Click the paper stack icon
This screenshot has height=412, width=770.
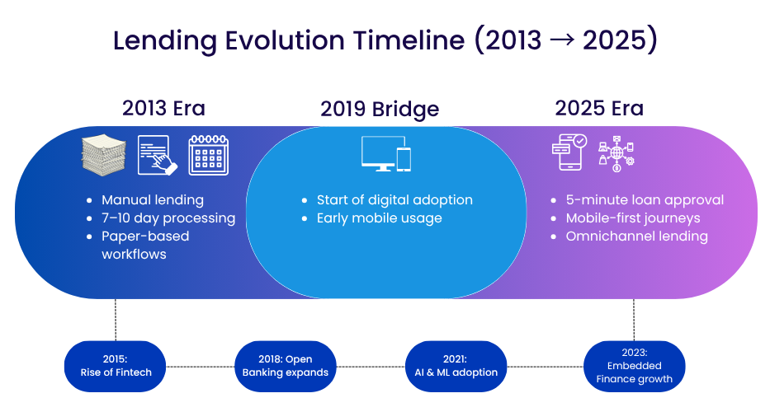[104, 156]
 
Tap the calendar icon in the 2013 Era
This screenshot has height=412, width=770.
[209, 155]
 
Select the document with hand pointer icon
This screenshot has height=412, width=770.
[157, 155]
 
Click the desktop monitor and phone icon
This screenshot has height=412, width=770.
[386, 153]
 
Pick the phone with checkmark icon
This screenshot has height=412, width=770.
[569, 152]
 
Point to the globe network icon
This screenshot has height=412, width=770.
[616, 153]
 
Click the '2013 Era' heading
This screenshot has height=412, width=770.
[163, 109]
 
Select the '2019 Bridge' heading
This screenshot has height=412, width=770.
[380, 110]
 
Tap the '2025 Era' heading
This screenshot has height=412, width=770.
[599, 109]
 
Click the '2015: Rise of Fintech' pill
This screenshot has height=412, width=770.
[116, 366]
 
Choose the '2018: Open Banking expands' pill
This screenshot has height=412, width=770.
[286, 366]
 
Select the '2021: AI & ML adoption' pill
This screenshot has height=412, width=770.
[456, 366]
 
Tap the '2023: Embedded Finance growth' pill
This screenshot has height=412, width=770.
[634, 366]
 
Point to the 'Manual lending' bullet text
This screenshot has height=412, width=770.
[153, 200]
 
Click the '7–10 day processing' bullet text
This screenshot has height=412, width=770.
[168, 218]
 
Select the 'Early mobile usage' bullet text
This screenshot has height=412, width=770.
[379, 218]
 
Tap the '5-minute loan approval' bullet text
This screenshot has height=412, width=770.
[645, 200]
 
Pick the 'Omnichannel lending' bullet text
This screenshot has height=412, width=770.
[637, 236]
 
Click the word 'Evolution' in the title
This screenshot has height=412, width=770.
[286, 40]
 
